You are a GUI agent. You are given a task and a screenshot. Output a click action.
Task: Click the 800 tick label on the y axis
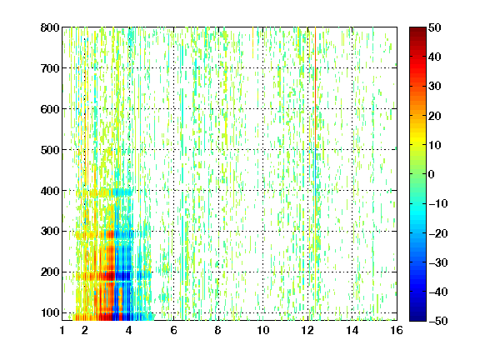(x=50, y=27)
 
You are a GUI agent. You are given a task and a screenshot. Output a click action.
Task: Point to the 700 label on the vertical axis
(x=50, y=68)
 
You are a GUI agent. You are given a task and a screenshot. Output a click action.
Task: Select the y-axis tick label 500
(x=50, y=150)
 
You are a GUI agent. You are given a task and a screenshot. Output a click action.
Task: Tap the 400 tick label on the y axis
(x=50, y=191)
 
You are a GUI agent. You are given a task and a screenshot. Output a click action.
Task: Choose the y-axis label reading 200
(x=50, y=272)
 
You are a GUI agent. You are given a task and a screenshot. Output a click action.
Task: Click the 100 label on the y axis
(x=50, y=312)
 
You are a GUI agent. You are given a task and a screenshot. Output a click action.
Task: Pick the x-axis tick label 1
(x=62, y=330)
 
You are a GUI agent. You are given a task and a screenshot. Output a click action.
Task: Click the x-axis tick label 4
(x=129, y=330)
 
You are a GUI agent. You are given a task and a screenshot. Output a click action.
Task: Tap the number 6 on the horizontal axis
(x=173, y=330)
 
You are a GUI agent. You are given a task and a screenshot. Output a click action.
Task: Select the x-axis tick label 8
(x=218, y=330)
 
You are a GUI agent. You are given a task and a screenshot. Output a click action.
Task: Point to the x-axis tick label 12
(x=307, y=330)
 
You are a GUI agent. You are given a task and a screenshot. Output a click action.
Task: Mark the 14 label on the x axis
(x=352, y=330)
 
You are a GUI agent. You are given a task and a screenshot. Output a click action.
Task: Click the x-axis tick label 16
(x=397, y=330)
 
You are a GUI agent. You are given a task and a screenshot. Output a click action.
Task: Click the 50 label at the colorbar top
(x=434, y=27)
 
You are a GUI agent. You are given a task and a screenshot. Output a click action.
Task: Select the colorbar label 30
(x=434, y=86)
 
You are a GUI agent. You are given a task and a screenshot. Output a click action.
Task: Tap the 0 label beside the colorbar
(x=432, y=174)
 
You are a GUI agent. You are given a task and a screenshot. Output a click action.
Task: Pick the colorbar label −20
(x=438, y=233)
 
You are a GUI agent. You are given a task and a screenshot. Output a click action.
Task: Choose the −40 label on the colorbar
(x=438, y=292)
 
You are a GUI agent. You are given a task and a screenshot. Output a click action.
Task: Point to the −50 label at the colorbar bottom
(x=438, y=321)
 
